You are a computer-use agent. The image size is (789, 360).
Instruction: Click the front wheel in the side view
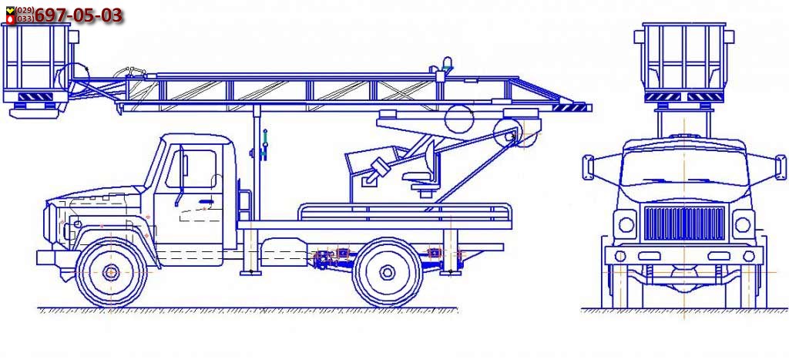(x=112, y=271)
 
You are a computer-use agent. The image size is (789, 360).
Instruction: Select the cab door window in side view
(x=200, y=168)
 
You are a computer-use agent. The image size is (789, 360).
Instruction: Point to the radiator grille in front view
(x=683, y=224)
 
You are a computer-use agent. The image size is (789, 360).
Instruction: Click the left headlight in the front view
(x=626, y=225)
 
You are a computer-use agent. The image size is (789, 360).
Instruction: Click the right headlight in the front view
(x=742, y=225)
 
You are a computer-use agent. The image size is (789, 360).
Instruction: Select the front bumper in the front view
(x=683, y=255)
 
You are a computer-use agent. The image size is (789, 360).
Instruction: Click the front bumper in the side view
(x=48, y=257)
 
